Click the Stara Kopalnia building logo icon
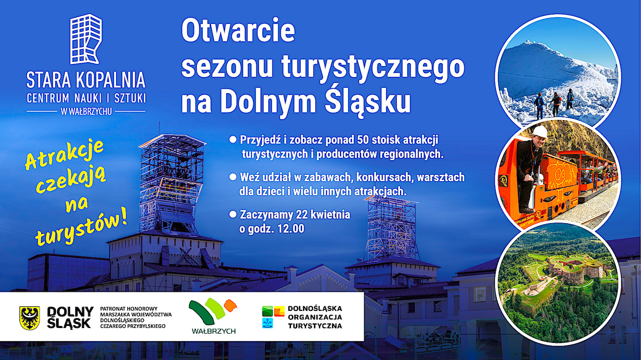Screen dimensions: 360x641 point(86,40)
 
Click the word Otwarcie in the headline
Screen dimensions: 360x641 point(238,31)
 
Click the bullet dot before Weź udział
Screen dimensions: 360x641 point(232,177)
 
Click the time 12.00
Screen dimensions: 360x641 point(290,229)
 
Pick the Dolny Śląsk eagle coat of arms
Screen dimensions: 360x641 point(30,317)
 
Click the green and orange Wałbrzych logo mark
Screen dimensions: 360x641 point(212,311)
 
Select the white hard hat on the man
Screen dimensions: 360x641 point(539,131)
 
